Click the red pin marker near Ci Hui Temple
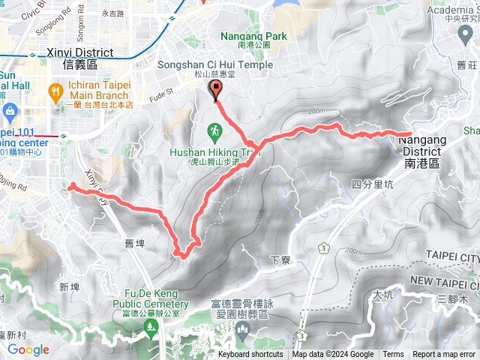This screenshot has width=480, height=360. pyautogui.click(x=217, y=90)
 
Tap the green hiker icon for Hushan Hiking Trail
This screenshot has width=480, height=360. pyautogui.click(x=214, y=132)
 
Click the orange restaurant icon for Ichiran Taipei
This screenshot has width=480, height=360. pyautogui.click(x=55, y=92)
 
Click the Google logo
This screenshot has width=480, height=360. pyautogui.click(x=28, y=349)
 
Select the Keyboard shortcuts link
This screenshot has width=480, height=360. pyautogui.click(x=250, y=355)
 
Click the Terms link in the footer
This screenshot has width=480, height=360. pyautogui.click(x=393, y=355)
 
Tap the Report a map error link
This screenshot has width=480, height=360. pyautogui.click(x=445, y=355)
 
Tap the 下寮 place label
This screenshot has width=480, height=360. pyautogui.click(x=280, y=259)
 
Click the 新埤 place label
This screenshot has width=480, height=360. pyautogui.click(x=69, y=287)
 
